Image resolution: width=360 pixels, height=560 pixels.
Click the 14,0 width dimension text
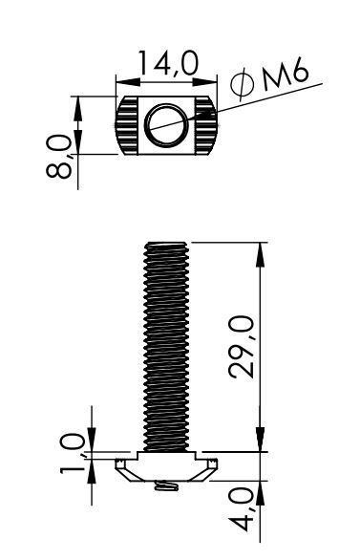pos(168,63)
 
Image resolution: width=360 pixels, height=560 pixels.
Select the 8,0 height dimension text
pos(59,156)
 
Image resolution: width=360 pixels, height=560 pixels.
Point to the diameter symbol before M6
pos(243,84)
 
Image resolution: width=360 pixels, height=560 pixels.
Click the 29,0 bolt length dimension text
pos(242,347)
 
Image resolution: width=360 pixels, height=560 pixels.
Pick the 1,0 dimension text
pos(73,453)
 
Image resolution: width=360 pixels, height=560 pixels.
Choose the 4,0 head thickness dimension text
pos(242,510)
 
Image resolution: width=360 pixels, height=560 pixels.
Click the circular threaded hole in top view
pos(166,125)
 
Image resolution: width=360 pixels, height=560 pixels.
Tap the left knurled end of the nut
pos(126,125)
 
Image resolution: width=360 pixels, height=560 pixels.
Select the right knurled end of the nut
pos(205,125)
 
